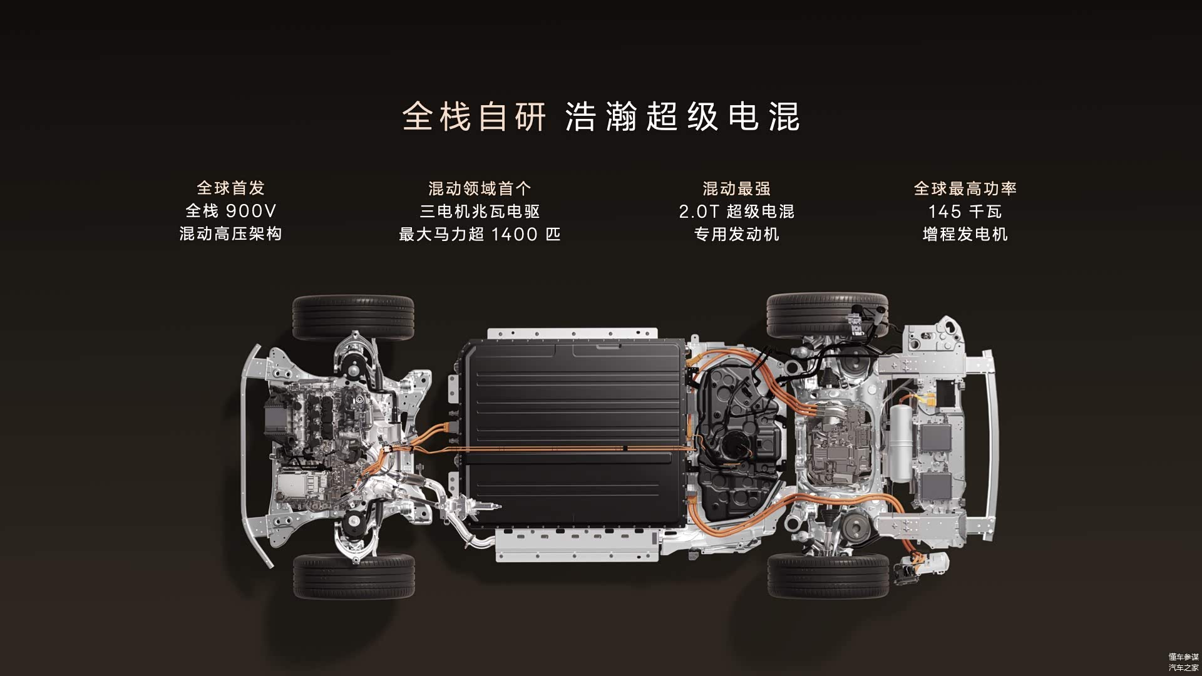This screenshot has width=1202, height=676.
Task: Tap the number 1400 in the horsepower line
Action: tap(515, 234)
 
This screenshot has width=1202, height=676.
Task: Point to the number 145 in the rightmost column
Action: tap(944, 212)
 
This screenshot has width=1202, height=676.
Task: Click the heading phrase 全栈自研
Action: tap(474, 116)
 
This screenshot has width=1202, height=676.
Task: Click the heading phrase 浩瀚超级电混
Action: tap(682, 116)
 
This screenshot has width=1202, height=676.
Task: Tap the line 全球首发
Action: tap(231, 188)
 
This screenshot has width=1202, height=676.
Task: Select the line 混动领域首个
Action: tap(480, 188)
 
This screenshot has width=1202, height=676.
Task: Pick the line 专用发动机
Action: tap(736, 234)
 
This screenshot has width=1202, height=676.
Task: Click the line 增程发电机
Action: tap(965, 234)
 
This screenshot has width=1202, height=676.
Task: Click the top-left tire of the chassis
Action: tap(353, 317)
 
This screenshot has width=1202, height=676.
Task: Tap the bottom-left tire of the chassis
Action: tap(354, 576)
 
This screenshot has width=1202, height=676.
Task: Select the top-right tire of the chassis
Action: tap(827, 315)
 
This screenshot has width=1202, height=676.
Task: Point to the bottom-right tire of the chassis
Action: tap(828, 575)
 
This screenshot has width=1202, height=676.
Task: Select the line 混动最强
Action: tap(736, 188)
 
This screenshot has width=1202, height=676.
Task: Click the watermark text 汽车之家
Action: tap(1183, 667)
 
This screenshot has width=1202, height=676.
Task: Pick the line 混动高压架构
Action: tap(231, 234)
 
